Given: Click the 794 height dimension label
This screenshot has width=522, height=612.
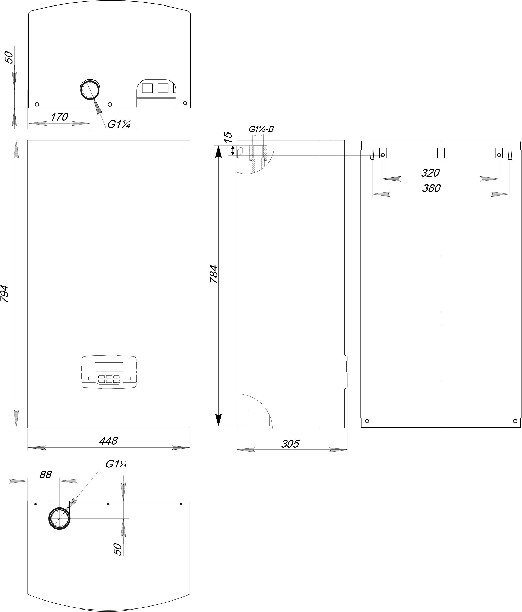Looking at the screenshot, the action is [x=4, y=293].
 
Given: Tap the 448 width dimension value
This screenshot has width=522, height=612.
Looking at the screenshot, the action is [x=109, y=441].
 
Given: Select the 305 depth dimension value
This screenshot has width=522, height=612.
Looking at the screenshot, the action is [x=290, y=444].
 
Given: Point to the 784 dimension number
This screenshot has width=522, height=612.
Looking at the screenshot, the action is [x=214, y=274].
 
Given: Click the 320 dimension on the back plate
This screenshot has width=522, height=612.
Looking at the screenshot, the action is [x=430, y=173].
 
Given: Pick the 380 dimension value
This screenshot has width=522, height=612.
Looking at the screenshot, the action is [x=431, y=188].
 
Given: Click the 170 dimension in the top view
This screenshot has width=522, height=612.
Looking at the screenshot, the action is [x=59, y=117].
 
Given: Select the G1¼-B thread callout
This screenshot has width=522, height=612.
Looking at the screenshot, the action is [x=261, y=129].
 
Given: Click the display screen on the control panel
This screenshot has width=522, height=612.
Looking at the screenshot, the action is [x=109, y=367].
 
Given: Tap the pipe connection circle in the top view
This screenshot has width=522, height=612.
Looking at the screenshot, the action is [x=90, y=90].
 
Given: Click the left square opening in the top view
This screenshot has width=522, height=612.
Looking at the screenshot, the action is [x=147, y=88].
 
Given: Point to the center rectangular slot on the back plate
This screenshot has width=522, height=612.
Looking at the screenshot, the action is [x=441, y=154].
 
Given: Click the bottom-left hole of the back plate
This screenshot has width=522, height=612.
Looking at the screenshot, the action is [x=367, y=421].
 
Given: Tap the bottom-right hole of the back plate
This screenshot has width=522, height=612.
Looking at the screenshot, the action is [x=515, y=421].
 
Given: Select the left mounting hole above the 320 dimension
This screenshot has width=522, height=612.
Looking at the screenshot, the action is [x=383, y=155].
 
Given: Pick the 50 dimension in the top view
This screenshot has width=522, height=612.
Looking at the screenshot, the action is [x=10, y=57].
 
